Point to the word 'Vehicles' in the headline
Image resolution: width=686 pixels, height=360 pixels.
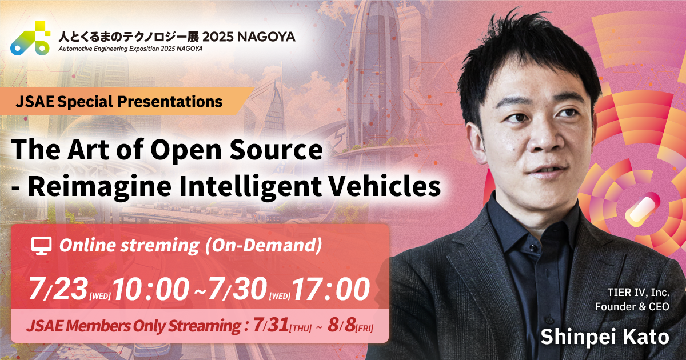click(x=390, y=186)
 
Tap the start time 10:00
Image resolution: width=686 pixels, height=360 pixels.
click(x=151, y=290)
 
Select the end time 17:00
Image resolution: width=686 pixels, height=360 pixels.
click(x=332, y=290)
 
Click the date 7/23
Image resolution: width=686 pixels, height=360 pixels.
click(x=57, y=290)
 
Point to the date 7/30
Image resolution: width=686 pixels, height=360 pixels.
click(x=236, y=290)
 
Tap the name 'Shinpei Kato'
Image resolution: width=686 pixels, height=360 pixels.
click(x=605, y=337)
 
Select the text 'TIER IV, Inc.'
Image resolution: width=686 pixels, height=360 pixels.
click(x=638, y=293)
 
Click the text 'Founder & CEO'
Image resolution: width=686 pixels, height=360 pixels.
click(x=632, y=307)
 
